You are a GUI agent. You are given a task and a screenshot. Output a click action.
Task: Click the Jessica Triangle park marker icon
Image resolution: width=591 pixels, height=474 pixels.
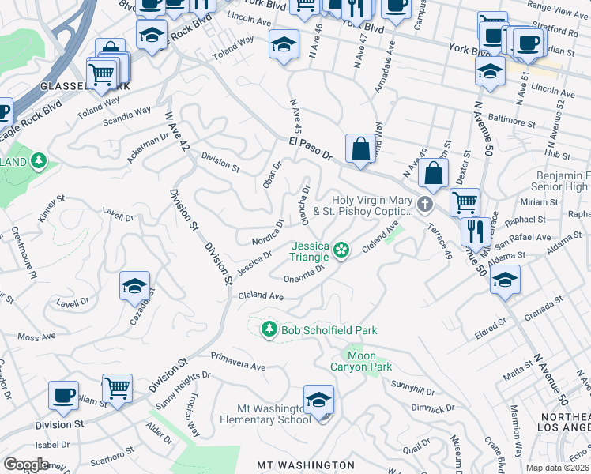341,250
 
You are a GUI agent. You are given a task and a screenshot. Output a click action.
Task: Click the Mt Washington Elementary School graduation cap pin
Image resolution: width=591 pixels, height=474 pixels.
318,401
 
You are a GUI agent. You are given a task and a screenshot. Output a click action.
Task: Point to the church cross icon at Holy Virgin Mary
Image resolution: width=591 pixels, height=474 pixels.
426,205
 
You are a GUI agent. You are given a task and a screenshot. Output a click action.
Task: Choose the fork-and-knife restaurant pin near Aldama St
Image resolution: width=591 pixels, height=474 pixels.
474,231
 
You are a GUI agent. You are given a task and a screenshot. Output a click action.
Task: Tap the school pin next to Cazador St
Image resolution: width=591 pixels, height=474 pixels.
135,285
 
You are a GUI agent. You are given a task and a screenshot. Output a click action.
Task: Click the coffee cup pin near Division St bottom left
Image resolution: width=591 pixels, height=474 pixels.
63,395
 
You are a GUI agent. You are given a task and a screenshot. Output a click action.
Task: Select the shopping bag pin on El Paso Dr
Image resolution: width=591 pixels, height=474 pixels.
360,149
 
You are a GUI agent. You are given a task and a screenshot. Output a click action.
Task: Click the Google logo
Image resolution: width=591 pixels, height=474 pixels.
27,465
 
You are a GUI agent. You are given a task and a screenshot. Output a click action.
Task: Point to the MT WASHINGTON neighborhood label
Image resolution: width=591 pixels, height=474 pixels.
306,465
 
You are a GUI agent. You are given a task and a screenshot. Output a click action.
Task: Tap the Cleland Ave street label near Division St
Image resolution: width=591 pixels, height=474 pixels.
261,295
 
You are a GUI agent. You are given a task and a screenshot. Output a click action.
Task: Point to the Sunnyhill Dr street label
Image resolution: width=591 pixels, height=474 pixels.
413,387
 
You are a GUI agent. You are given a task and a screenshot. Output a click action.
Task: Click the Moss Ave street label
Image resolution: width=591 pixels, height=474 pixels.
36,337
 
